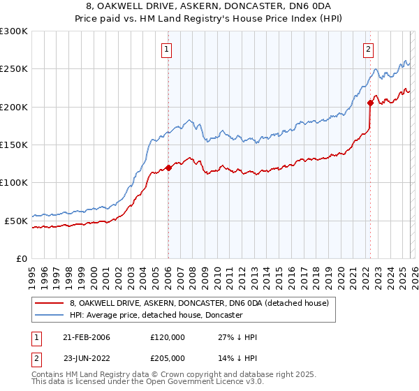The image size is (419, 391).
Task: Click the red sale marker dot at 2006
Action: (168, 168)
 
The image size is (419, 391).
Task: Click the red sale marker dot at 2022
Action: (370, 103)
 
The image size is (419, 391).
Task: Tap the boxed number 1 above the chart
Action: (168, 49)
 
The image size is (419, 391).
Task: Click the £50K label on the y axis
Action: (17, 221)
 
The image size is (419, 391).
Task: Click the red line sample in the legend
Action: (50, 304)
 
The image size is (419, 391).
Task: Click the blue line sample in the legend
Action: (50, 316)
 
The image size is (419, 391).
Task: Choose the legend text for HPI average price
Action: (156, 316)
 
